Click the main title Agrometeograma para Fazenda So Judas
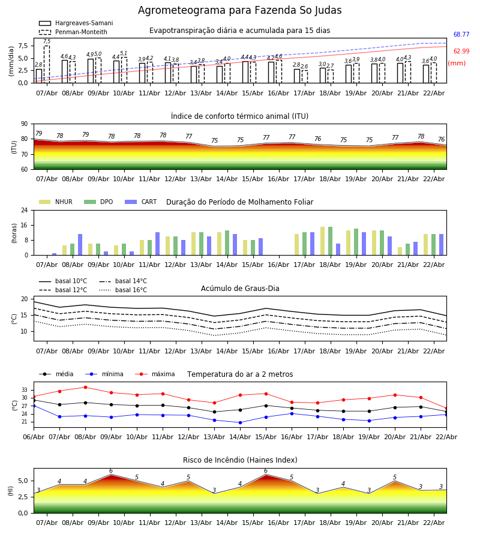coord(240,11)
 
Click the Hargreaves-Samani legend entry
coord(83,23)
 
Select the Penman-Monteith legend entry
coord(81,32)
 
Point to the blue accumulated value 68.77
coord(461,35)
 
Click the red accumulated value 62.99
coord(461,52)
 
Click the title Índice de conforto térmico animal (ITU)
coord(240,116)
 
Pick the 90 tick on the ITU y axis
coord(23,124)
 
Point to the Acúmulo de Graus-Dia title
coord(240,289)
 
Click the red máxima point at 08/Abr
coord(85,387)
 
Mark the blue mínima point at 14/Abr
coord(240,422)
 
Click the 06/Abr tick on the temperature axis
coord(34,436)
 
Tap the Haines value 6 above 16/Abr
coord(266,471)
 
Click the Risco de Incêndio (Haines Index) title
coord(240,460)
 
